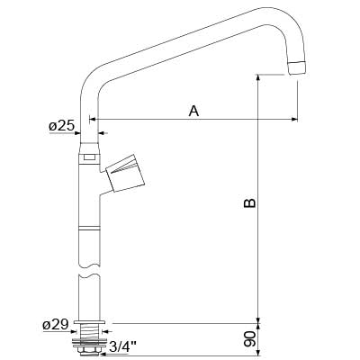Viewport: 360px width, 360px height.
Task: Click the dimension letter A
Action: coord(193,111)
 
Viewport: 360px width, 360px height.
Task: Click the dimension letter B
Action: coord(249,202)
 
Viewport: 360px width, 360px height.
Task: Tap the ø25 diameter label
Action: coord(61,126)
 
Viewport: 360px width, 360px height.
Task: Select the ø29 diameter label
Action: coord(55,325)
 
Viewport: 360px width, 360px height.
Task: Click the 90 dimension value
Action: coord(249,339)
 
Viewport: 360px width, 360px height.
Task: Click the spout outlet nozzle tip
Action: coord(297,67)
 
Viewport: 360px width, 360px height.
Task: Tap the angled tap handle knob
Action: coord(125,173)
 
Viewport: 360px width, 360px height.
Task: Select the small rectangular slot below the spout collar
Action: coord(89,157)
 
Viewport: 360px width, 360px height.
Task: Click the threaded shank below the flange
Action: coord(89,332)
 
